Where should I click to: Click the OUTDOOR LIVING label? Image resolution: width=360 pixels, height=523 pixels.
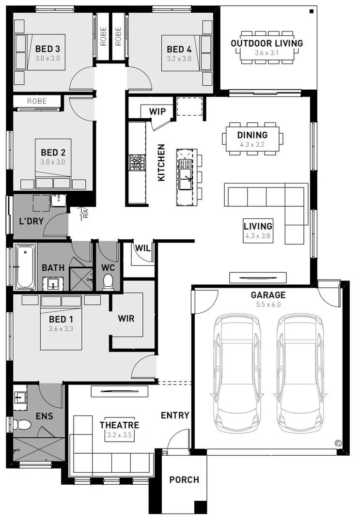click(267, 43)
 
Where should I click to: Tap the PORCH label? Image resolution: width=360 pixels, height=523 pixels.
click(184, 479)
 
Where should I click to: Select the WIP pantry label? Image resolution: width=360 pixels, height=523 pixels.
click(157, 111)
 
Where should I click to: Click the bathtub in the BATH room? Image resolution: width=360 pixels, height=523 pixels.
click(25, 267)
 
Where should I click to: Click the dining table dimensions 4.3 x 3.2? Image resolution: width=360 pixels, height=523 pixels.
click(252, 144)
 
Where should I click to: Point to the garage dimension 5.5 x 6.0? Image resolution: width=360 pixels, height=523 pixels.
click(268, 304)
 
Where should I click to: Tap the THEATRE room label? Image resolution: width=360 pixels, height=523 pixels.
click(120, 425)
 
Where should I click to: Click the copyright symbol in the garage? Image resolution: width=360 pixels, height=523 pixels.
click(338, 443)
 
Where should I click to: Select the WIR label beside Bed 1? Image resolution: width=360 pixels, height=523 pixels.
click(126, 319)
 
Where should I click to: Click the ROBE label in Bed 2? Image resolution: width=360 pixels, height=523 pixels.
click(37, 101)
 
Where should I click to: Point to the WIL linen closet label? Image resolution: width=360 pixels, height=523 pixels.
click(142, 248)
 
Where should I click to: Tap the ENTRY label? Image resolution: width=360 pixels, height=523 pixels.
click(175, 415)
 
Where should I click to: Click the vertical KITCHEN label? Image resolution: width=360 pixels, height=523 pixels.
click(161, 162)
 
